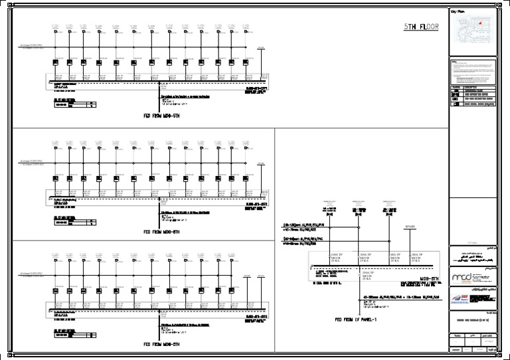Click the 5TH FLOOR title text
(422, 27)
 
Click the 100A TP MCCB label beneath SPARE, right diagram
(418, 258)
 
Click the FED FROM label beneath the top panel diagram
(162, 115)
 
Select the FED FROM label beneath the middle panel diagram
(162, 232)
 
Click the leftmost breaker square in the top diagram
(56, 62)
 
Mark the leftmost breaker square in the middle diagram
(56, 178)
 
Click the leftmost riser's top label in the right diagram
(331, 201)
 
